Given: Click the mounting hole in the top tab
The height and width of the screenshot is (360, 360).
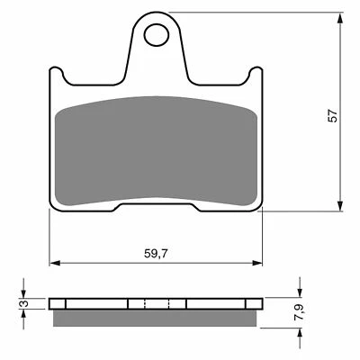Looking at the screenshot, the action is point(157,35).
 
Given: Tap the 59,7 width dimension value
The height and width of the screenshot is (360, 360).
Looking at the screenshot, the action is point(156,254).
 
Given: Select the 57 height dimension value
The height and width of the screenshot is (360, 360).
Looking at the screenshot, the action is point(333,116).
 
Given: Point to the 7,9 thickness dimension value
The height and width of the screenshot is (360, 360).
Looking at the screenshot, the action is point(301,312).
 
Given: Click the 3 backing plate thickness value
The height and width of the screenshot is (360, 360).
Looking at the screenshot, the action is point(25,303).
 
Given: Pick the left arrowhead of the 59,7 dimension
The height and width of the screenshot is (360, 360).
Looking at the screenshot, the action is point(54,263).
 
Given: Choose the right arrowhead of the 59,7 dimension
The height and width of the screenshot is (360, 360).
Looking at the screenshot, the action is point(257,263).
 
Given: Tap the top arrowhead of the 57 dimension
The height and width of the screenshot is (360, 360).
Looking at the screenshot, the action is point(339,18).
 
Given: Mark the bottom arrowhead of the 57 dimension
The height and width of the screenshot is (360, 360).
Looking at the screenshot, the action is point(339,206).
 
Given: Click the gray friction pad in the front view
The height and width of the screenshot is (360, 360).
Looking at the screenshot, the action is point(156,151).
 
